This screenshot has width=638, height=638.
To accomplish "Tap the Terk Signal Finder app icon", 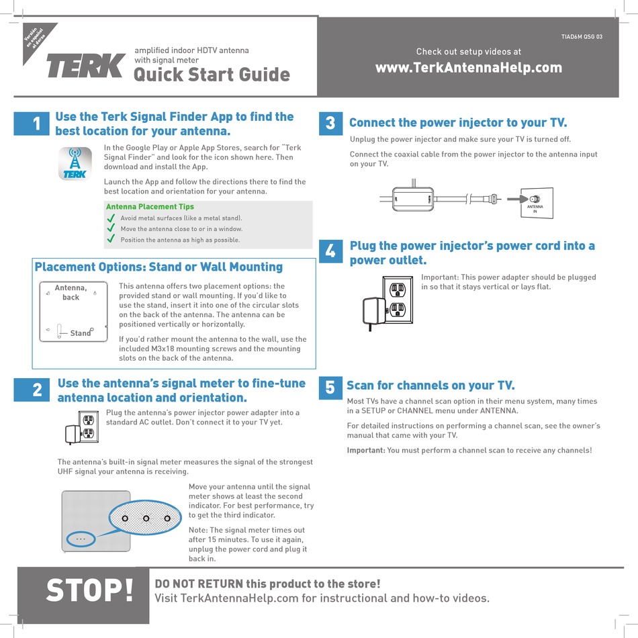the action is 75,164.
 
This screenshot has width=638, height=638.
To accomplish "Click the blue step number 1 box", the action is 32,124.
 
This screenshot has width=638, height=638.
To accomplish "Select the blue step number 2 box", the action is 32,390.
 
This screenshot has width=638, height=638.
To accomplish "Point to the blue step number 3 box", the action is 331,124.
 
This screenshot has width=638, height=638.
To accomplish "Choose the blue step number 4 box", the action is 331,251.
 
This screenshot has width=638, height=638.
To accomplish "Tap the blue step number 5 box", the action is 330,388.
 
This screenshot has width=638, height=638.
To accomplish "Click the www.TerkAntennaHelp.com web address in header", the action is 469,68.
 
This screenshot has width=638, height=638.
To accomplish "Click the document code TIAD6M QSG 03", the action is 582,37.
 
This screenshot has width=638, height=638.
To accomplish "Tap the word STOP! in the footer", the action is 89,590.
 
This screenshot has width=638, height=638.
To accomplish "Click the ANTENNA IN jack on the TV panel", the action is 535,199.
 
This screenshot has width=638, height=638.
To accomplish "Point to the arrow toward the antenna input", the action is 518,199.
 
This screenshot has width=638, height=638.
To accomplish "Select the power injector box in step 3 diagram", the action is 412,199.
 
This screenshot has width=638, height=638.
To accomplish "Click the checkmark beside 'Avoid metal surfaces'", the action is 111,218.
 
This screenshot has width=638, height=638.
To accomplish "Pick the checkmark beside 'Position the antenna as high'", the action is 111,239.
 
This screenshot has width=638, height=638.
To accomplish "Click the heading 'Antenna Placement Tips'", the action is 150,207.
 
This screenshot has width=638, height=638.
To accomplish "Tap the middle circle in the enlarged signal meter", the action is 146,518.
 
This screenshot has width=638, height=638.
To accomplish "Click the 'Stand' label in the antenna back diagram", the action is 80,333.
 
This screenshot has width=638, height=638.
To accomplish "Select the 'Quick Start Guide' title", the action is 212,75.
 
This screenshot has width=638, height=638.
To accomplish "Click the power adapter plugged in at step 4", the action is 374,311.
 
